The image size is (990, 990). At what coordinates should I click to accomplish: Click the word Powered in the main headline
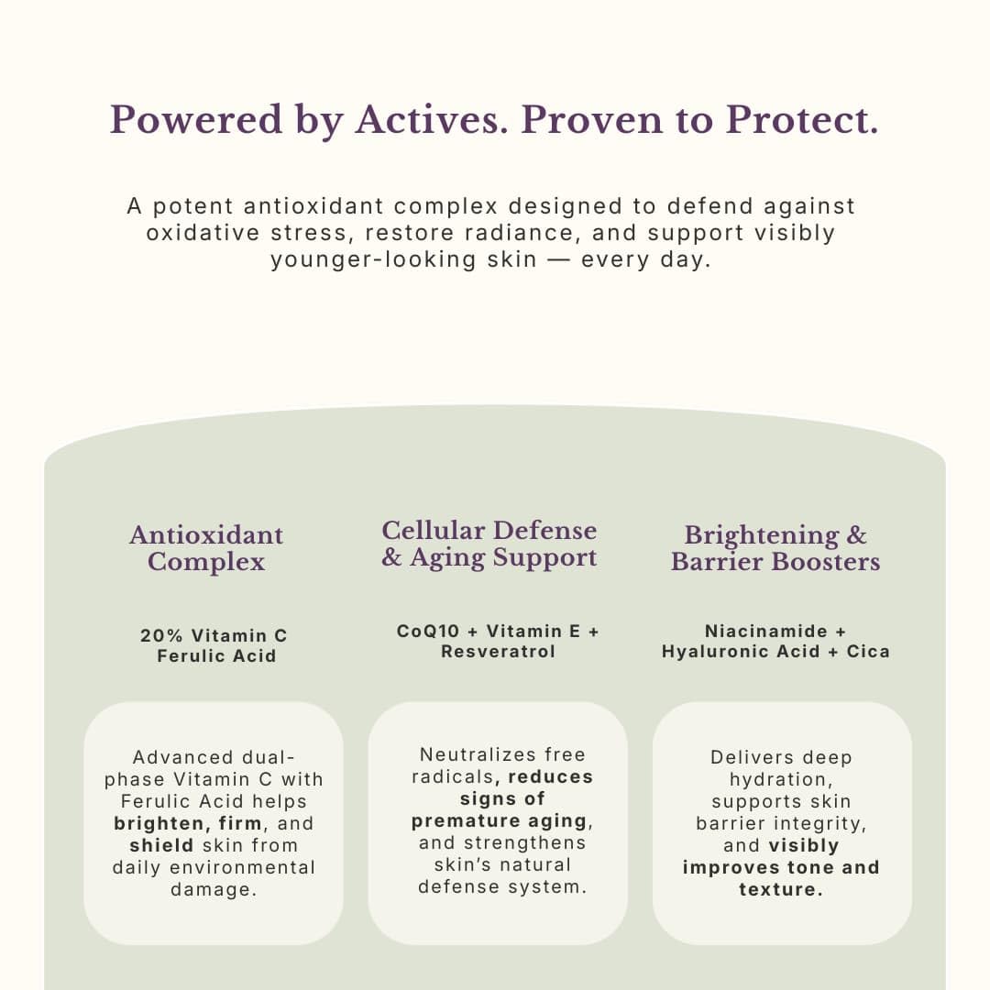pos(196,119)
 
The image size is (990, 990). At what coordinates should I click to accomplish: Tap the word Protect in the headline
pos(798,119)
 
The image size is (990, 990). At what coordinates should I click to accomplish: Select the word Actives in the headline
pos(427,119)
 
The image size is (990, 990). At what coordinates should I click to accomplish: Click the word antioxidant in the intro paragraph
pos(313,206)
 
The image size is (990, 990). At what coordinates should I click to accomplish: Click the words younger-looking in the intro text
pos(373,259)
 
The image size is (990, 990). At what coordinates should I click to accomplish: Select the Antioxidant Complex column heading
pos(206,548)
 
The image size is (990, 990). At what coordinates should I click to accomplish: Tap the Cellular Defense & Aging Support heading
pos(489,544)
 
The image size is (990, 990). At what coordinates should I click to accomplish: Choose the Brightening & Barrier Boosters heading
pos(775,548)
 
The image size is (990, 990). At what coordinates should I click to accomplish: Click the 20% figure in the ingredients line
pos(161,635)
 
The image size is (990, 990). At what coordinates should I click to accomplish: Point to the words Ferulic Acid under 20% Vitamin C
pos(216,656)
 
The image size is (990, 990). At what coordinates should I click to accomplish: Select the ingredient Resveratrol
pos(498,652)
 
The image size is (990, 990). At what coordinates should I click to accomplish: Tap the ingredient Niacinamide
pos(766,632)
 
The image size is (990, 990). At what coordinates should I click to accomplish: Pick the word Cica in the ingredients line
pos(868,652)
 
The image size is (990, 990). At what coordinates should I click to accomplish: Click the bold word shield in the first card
pos(161,845)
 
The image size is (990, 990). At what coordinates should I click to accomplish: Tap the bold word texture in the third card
pos(781,889)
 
